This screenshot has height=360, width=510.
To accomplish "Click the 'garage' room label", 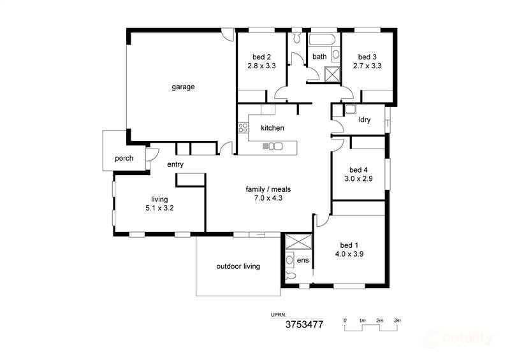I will click(x=182, y=87).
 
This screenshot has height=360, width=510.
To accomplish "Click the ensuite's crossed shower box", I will click(x=297, y=242).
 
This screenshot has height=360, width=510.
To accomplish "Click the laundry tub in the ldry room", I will click(x=349, y=109).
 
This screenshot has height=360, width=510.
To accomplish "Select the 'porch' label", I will click(x=124, y=158).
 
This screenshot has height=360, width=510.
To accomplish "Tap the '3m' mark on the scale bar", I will click(x=397, y=320).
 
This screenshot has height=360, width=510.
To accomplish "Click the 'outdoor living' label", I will click(x=238, y=266).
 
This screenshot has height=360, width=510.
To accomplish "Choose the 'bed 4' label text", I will click(x=358, y=170).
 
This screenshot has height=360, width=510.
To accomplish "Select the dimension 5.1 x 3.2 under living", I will click(x=159, y=208).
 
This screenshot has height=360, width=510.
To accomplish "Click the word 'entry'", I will click(x=175, y=165).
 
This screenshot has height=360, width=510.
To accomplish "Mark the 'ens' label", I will click(x=303, y=260).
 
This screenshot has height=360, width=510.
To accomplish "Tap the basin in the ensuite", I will click(x=289, y=259).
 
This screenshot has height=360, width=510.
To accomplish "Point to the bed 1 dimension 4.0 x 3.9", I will click(x=349, y=254).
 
